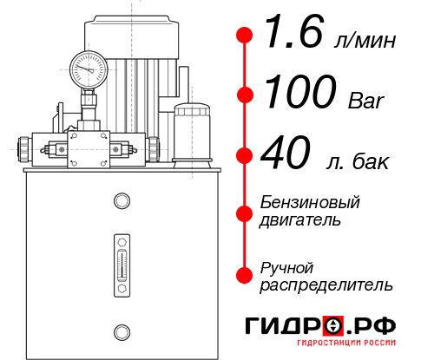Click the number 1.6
[286, 36]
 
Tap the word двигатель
[300, 220]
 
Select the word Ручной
[287, 266]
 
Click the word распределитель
[326, 285]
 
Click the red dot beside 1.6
[245, 36]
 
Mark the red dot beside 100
[245, 94]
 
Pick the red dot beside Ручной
[245, 275]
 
